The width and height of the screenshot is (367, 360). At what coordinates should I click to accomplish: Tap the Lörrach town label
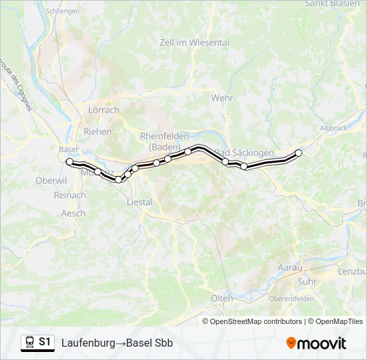(x=103, y=110)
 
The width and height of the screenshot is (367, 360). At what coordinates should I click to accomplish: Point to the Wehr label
(x=222, y=98)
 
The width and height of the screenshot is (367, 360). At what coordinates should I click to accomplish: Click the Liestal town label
(x=139, y=202)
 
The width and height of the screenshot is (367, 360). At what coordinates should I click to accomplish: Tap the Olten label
(x=222, y=298)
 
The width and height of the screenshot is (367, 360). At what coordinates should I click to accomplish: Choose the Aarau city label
(x=290, y=267)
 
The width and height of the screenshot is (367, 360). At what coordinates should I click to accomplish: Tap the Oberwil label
(x=51, y=181)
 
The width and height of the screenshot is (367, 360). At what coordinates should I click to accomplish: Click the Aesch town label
(x=73, y=213)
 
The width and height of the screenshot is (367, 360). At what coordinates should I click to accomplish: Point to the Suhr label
(x=307, y=281)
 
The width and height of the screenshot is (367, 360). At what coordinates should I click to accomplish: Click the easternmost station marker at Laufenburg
(x=298, y=153)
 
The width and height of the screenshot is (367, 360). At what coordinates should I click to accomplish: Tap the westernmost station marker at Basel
(x=69, y=161)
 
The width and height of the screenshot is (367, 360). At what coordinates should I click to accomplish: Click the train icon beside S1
(x=29, y=343)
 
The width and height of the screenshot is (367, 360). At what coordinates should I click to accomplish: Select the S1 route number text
(x=45, y=342)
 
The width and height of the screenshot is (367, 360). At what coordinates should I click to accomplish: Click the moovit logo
(x=316, y=343)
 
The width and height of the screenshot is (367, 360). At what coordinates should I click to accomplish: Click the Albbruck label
(x=334, y=127)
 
